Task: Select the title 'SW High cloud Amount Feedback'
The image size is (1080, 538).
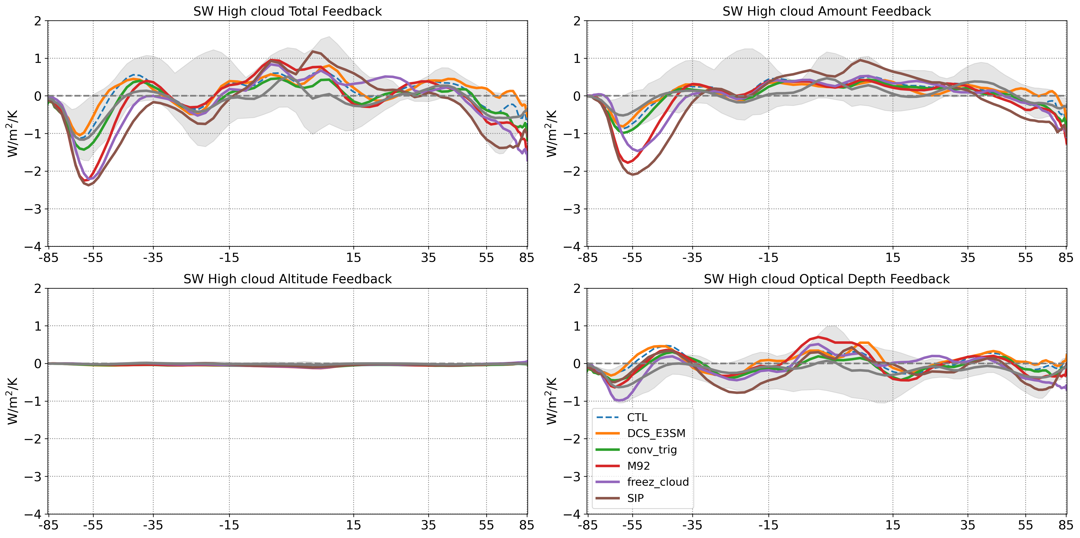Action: coord(826,11)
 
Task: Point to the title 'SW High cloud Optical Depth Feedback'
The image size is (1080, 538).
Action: coord(826,279)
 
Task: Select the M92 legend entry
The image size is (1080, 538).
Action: coord(638,466)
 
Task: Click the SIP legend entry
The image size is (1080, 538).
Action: coord(635,498)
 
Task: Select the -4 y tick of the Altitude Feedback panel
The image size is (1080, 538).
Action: coord(34,514)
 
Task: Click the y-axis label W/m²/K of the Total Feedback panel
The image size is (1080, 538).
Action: coord(12,133)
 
